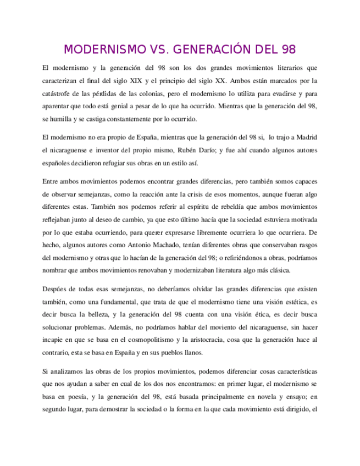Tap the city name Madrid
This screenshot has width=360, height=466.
pos(306,136)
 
